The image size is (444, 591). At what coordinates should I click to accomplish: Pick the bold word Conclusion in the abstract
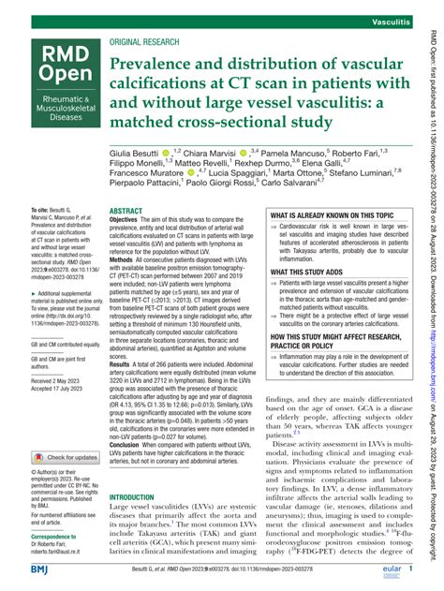point(132,468)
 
